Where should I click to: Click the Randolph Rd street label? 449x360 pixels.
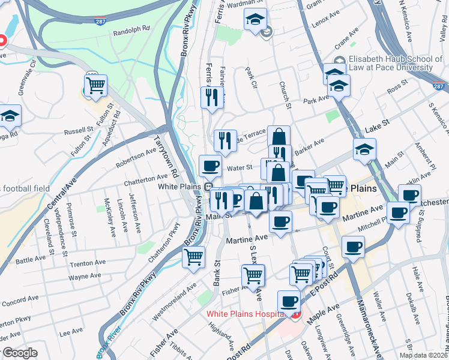[130, 29]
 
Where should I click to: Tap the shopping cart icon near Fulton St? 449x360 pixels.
[96, 86]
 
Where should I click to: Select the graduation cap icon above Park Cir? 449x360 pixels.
[255, 19]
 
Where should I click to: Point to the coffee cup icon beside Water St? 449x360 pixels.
[210, 166]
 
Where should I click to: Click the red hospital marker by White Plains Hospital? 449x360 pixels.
[294, 314]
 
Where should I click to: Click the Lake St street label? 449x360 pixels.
[377, 124]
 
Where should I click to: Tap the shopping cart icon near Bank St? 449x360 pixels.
[194, 257]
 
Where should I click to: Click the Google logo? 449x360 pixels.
[19, 353]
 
